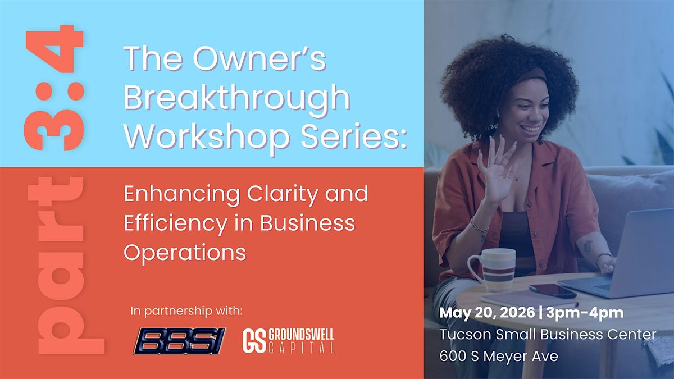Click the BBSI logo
coord(179,341)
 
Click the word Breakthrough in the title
coord(237,99)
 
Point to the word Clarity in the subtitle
coord(282,195)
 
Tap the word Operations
coord(185,253)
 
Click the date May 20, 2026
coord(487,313)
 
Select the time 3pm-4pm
coord(585,313)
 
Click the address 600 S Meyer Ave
coord(499,356)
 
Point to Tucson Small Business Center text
coord(548,335)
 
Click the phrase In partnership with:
coord(186,311)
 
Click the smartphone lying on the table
coord(553,291)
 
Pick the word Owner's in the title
coord(259,58)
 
